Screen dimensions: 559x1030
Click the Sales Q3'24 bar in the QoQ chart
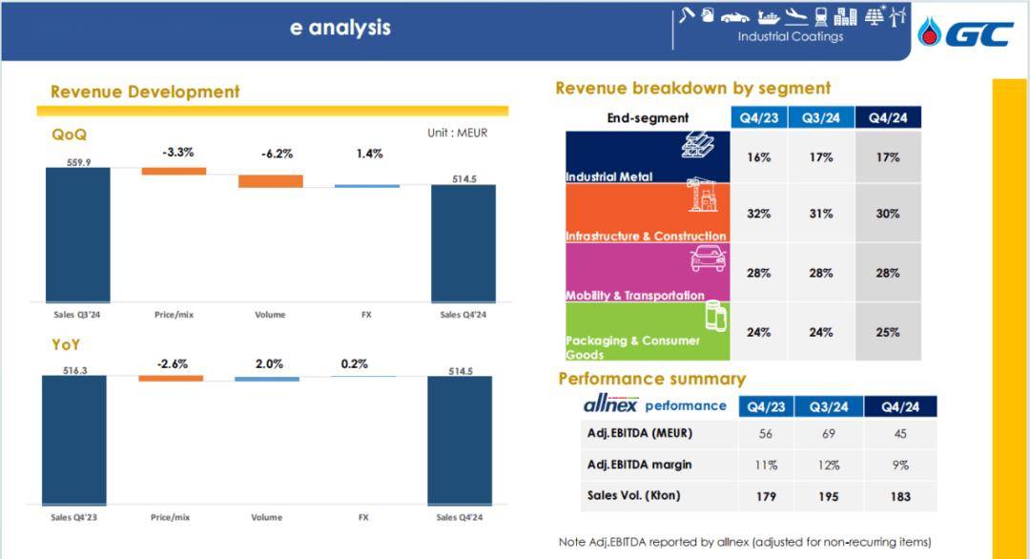78,234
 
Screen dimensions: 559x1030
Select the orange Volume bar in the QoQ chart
270,181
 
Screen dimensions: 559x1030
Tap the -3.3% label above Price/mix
177,152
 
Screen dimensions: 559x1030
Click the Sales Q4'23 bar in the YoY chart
73,439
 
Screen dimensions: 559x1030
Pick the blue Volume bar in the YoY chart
267,379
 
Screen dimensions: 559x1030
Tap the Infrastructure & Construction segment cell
648,214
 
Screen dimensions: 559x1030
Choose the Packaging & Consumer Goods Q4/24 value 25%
888,332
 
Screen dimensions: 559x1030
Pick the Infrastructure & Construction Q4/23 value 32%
759,214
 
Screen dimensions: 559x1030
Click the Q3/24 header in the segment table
821,118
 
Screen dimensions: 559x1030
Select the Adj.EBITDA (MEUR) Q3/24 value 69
829,433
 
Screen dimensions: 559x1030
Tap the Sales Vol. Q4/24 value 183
899,496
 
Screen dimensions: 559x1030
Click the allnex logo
610,404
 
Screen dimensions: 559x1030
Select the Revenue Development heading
145,92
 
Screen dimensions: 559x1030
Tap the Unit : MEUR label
457,133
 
